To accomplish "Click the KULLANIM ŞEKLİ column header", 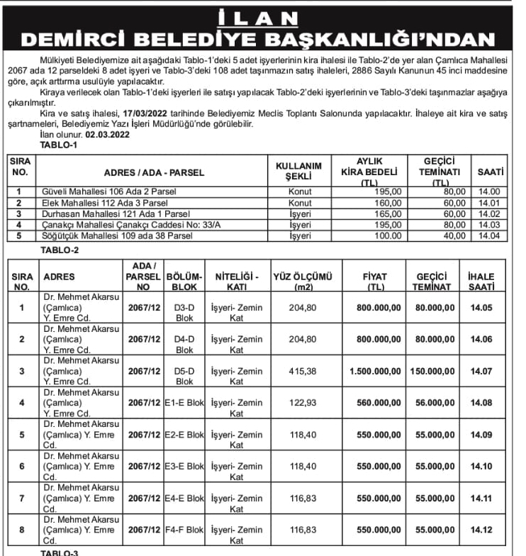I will click(x=298, y=170).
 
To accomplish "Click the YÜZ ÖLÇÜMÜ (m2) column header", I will click(x=303, y=281).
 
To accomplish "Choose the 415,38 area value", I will click(x=303, y=371).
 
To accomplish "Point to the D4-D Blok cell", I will click(x=184, y=339).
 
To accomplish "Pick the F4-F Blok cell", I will click(x=184, y=530).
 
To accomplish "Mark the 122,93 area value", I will click(x=303, y=403).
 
